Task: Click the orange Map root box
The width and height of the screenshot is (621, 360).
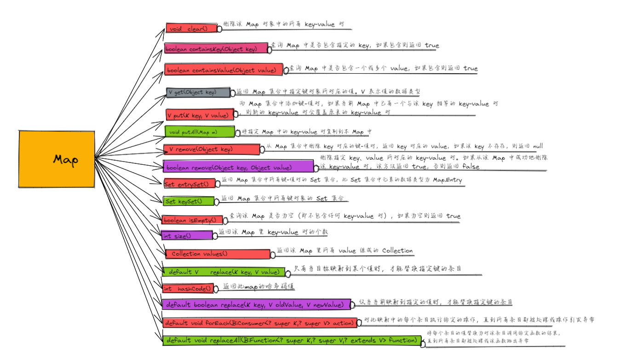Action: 57,159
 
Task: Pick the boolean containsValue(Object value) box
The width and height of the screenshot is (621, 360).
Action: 224,70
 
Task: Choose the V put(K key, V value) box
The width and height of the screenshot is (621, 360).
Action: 200,115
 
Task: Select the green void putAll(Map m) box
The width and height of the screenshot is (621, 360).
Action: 200,132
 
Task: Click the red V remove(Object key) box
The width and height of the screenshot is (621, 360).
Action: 212,149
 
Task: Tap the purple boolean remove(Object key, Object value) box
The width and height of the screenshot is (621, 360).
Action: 238,167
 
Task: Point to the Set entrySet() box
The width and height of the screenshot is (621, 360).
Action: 189,184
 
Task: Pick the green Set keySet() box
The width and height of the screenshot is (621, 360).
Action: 189,201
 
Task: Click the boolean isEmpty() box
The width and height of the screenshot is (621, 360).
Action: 192,220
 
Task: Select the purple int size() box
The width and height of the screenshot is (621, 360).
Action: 187,236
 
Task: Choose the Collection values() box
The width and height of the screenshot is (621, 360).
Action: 218,254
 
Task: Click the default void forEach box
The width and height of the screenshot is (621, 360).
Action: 259,323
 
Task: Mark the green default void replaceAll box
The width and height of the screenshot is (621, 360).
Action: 291,341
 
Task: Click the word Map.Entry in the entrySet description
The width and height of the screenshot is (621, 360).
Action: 447,180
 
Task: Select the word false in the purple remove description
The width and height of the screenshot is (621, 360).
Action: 470,167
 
